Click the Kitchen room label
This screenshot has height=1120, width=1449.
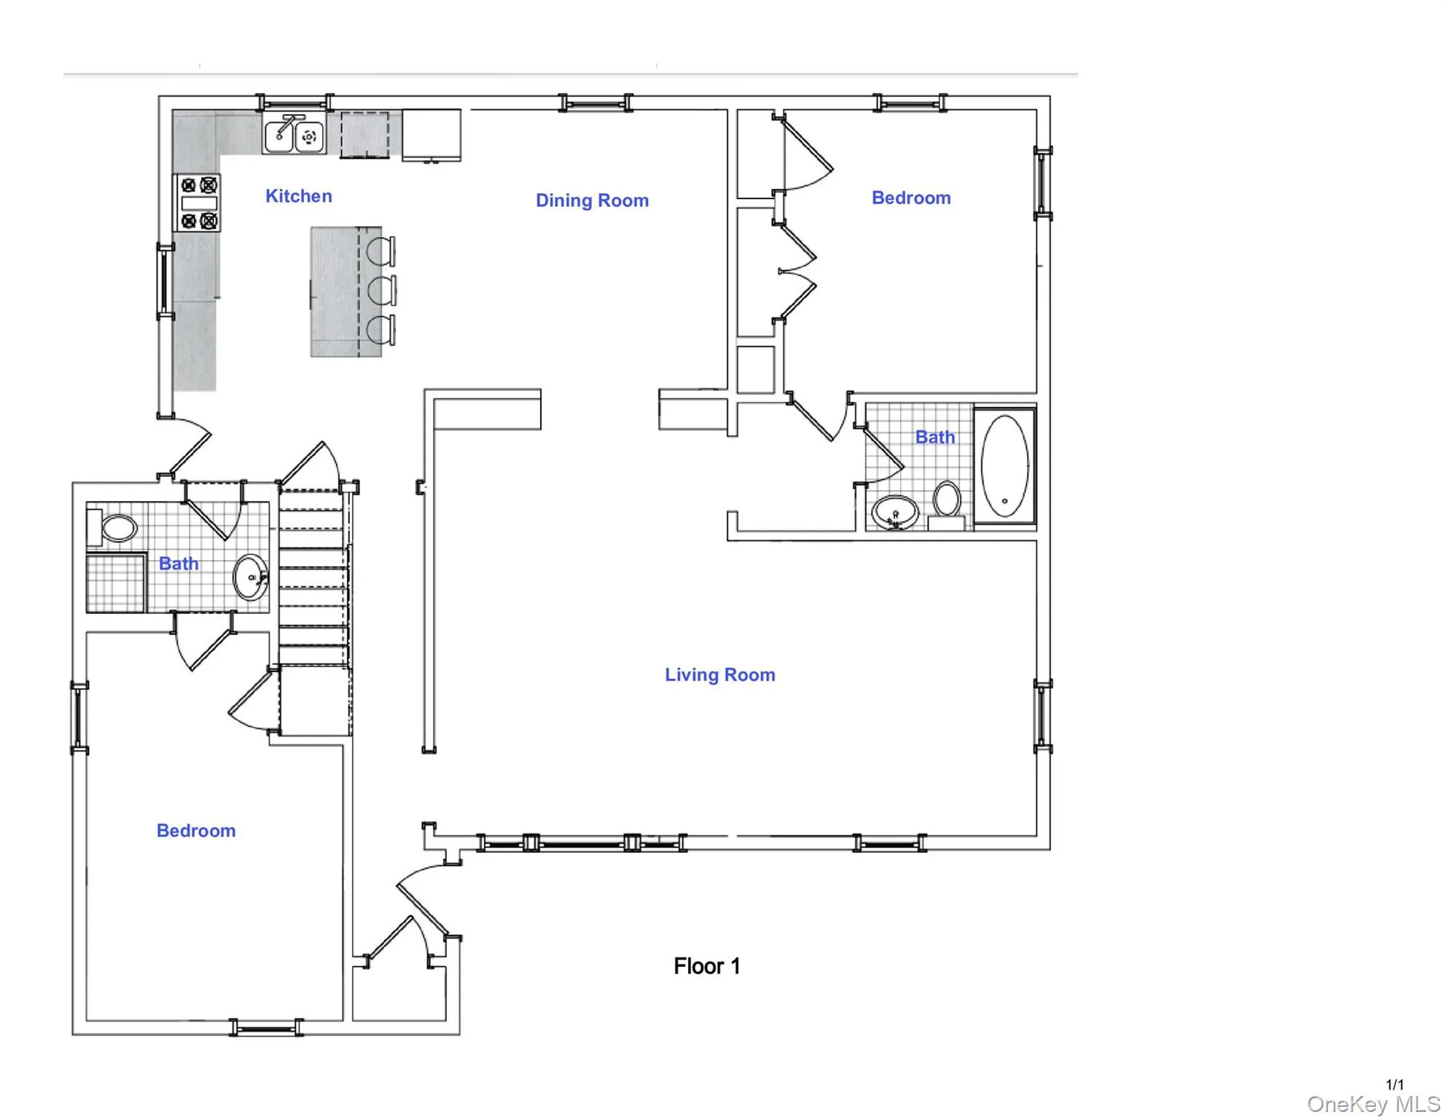tap(299, 196)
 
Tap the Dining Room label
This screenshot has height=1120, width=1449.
tap(592, 201)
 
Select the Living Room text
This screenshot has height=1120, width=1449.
tap(719, 674)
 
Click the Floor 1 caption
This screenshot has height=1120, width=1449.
tap(706, 966)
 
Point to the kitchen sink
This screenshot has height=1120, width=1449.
tap(294, 135)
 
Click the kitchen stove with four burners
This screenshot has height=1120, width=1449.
tap(198, 203)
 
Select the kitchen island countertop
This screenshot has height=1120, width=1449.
tap(335, 292)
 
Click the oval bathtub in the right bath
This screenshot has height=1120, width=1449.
tap(1004, 465)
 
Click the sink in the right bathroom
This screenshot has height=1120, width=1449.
tap(895, 512)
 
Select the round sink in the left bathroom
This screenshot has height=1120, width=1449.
tap(250, 577)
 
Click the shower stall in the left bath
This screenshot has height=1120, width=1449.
tap(116, 583)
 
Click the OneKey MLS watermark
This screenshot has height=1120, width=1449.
tap(1373, 1105)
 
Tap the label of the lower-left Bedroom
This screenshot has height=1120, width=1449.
tap(196, 831)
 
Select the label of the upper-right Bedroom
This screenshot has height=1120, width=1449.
tap(911, 198)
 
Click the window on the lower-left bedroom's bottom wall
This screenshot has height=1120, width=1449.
tap(266, 1028)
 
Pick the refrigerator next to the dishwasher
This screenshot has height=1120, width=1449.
tap(431, 134)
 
